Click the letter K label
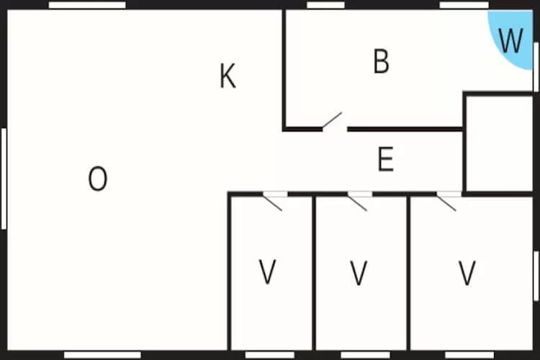(x=228, y=76)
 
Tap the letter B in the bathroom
(x=381, y=62)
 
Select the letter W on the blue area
(x=510, y=41)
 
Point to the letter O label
(x=98, y=179)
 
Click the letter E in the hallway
(x=386, y=159)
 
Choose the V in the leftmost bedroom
(x=268, y=272)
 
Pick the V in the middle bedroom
(x=359, y=273)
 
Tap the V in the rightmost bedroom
(x=467, y=273)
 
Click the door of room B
(x=333, y=123)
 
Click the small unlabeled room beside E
(x=498, y=143)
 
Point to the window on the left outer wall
(x=4, y=179)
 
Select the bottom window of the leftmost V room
(x=269, y=355)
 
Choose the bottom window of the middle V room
(x=364, y=355)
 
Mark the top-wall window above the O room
(x=87, y=5)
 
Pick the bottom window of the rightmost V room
(x=468, y=355)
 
